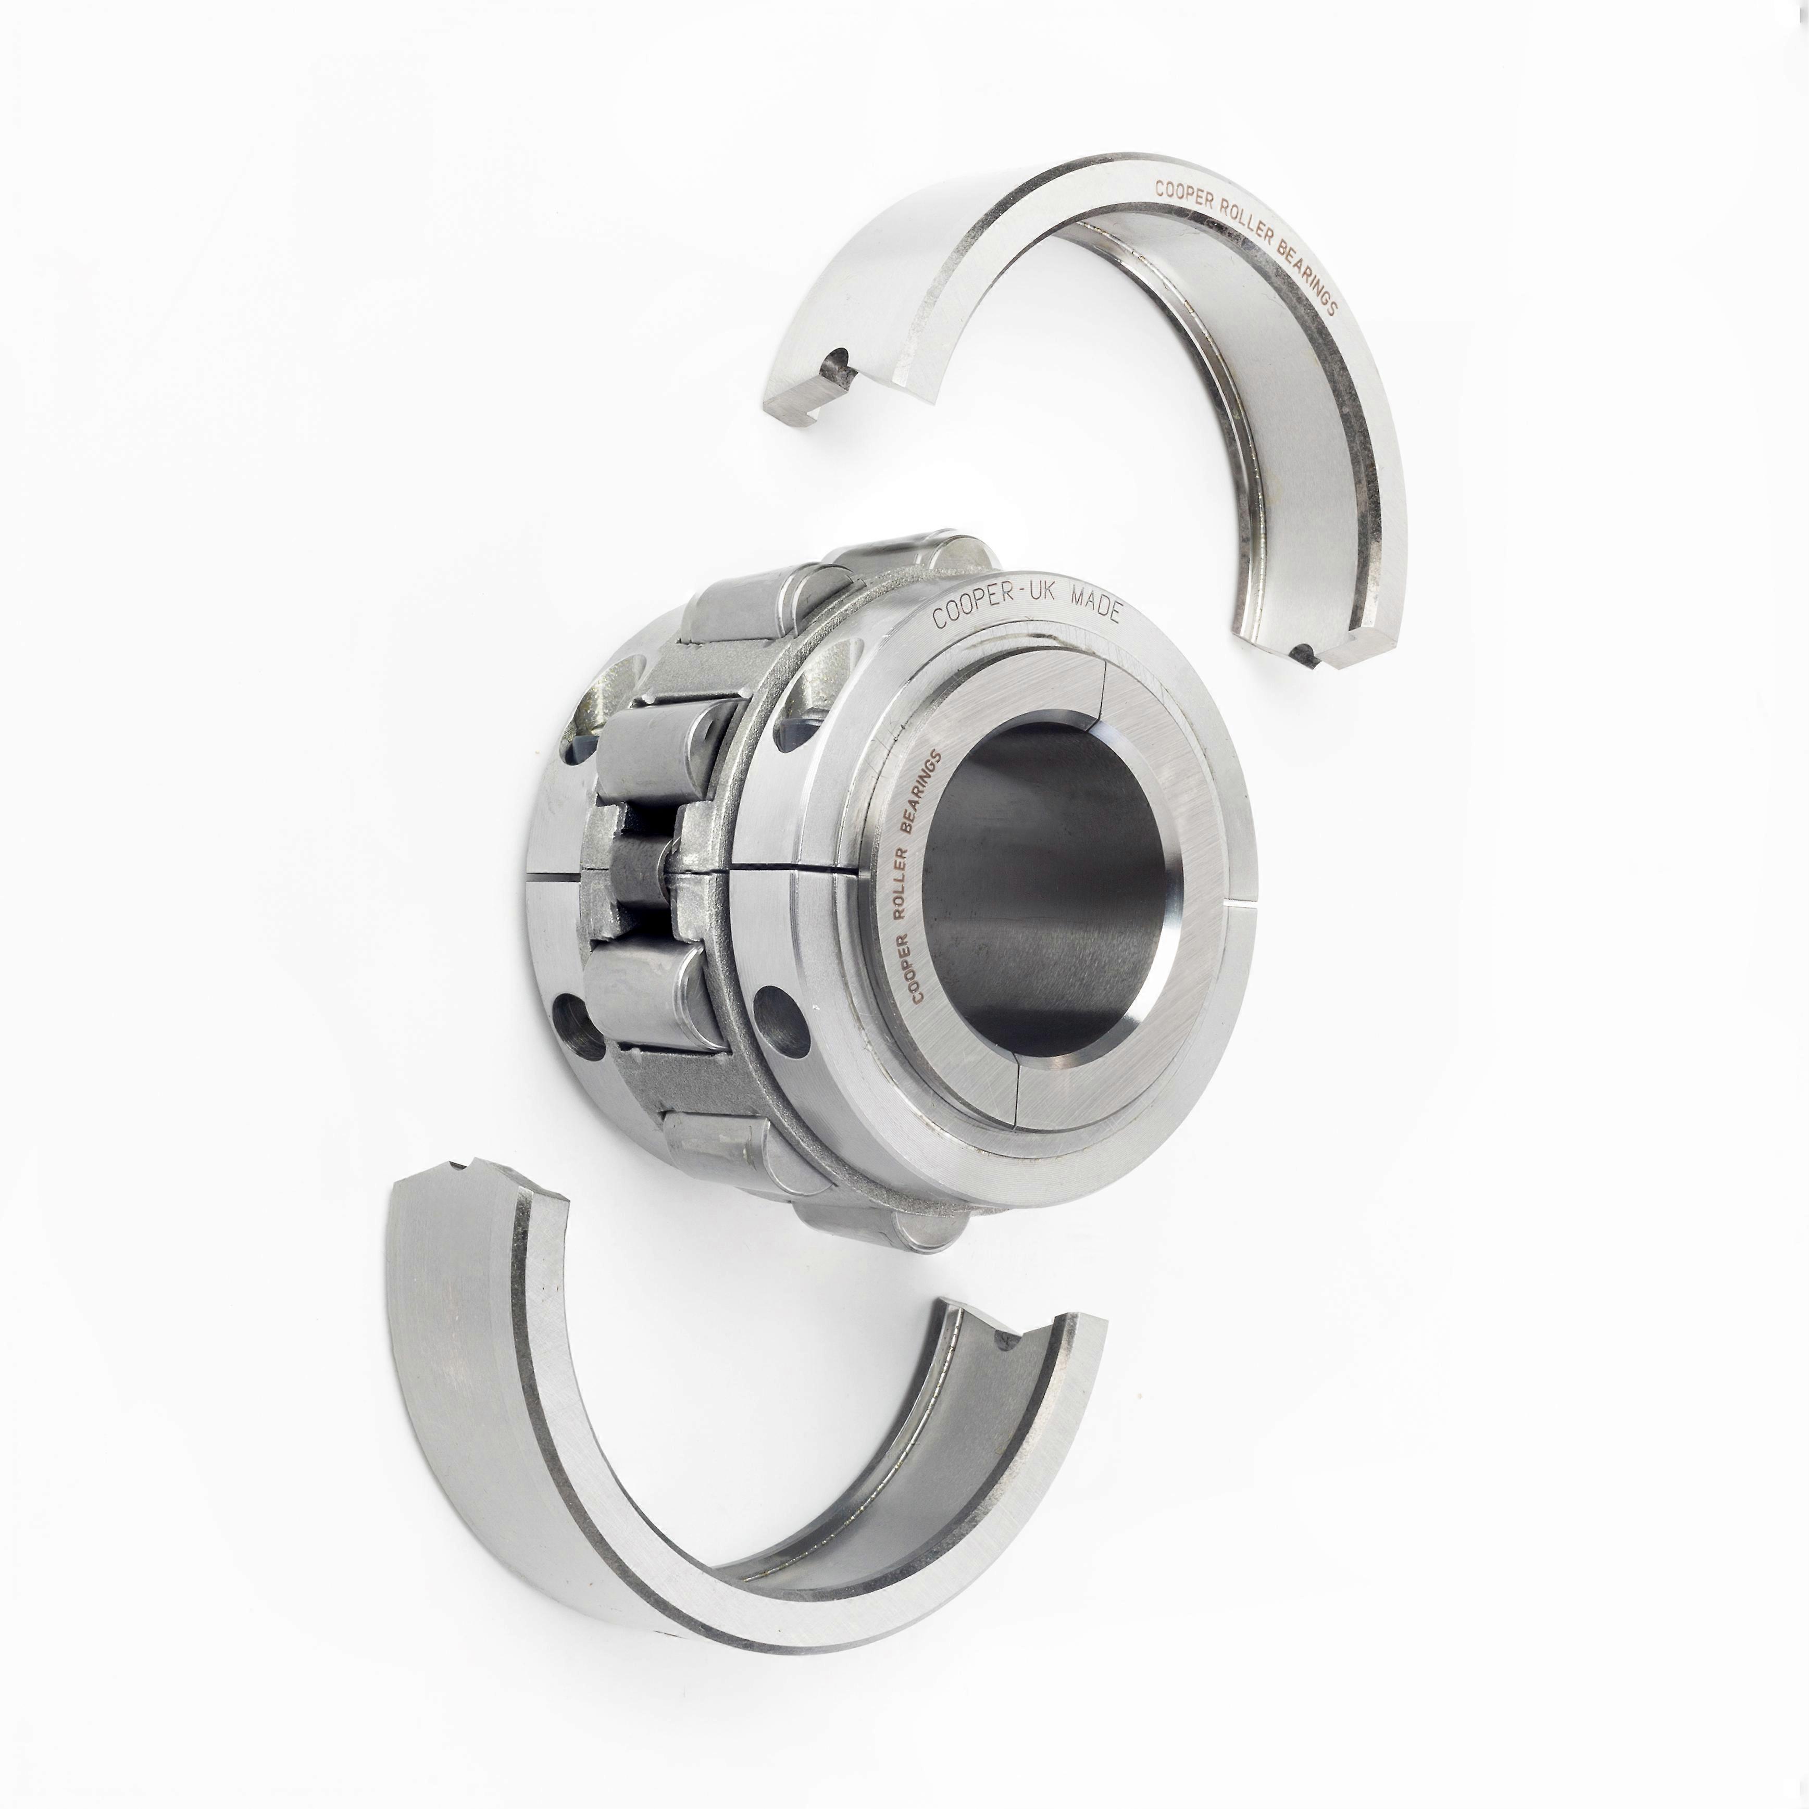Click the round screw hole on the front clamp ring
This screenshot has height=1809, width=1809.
click(x=780, y=1010)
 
